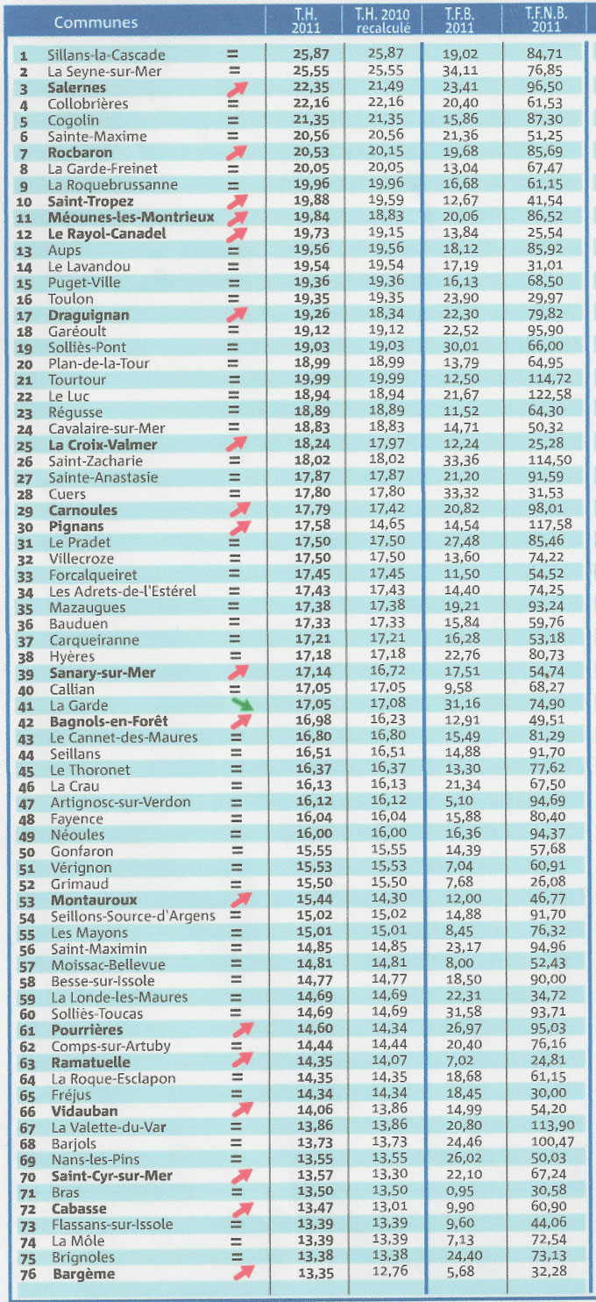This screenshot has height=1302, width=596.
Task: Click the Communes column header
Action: pyautogui.click(x=96, y=23)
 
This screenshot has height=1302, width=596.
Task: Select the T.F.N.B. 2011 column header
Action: pyautogui.click(x=546, y=20)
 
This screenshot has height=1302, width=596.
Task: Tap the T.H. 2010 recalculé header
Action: pyautogui.click(x=383, y=20)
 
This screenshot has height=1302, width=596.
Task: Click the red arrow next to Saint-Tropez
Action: pyautogui.click(x=237, y=201)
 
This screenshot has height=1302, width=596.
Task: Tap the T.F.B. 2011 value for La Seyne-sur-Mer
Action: pyautogui.click(x=461, y=71)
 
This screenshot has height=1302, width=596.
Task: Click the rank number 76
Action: pyautogui.click(x=28, y=1275)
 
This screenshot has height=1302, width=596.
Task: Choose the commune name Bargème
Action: pyautogui.click(x=83, y=1274)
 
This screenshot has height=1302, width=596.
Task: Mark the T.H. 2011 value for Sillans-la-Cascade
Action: pyautogui.click(x=311, y=54)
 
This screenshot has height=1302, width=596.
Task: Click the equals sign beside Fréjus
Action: pyautogui.click(x=236, y=1094)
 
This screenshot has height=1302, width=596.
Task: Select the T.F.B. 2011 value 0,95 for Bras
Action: pyautogui.click(x=462, y=1190)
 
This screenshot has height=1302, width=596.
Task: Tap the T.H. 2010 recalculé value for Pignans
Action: pyautogui.click(x=387, y=524)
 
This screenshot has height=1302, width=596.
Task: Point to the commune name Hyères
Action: pyautogui.click(x=72, y=657)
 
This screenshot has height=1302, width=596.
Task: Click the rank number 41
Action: pyautogui.click(x=26, y=706)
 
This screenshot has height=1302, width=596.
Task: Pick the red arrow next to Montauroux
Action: pyautogui.click(x=240, y=900)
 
